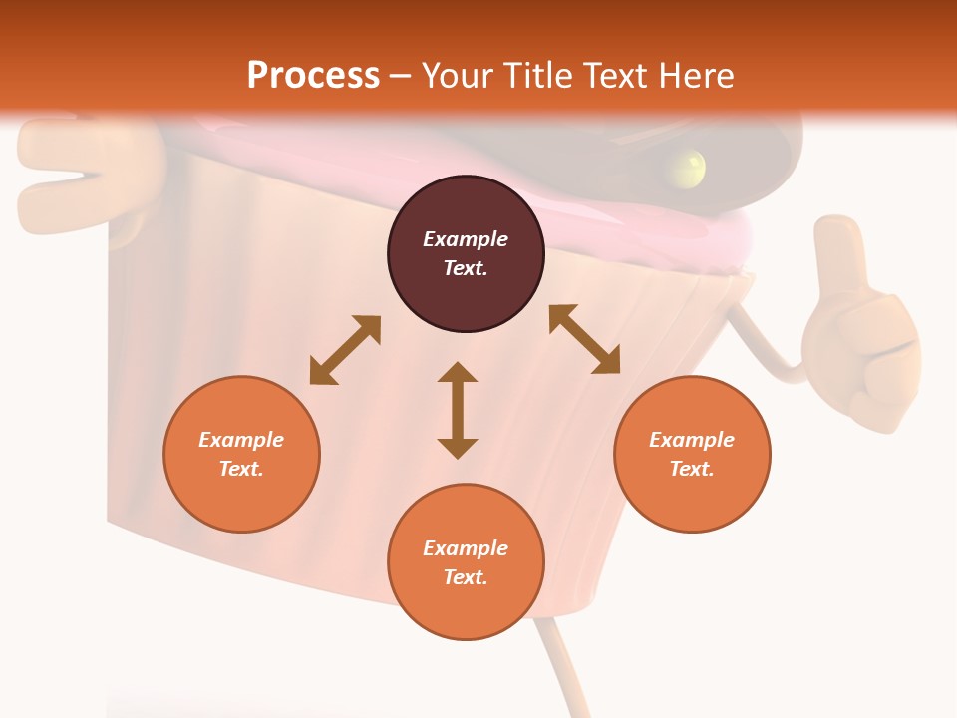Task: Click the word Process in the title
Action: pos(313,76)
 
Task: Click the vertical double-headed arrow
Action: pos(458,410)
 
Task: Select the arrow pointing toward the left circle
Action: pos(345,350)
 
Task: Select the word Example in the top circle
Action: pos(466,239)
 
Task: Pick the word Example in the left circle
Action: pos(241,440)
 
